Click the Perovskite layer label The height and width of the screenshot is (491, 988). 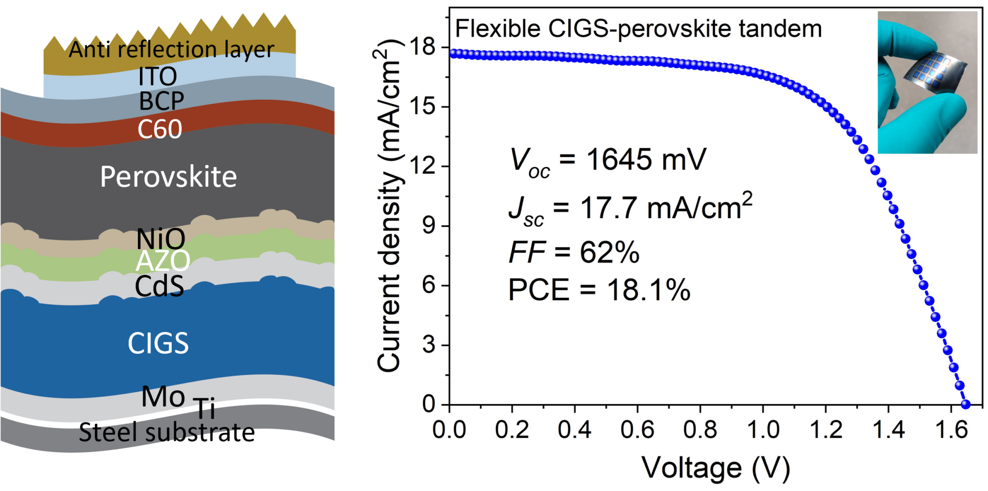[168, 177]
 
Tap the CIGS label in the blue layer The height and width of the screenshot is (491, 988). [158, 343]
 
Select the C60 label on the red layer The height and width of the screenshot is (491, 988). [160, 129]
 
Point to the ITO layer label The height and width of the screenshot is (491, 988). [158, 76]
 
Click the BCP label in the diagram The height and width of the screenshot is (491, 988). [162, 101]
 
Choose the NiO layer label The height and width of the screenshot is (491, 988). [161, 238]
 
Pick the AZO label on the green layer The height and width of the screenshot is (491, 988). [163, 261]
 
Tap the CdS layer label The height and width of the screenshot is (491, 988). [159, 286]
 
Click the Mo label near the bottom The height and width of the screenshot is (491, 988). [163, 397]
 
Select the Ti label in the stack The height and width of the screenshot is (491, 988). [205, 408]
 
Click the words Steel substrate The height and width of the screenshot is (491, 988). [166, 432]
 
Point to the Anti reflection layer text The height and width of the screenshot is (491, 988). [171, 49]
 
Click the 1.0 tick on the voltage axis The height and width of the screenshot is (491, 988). [763, 429]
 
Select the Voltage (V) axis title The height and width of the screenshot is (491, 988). [715, 467]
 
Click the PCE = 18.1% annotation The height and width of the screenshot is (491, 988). [599, 290]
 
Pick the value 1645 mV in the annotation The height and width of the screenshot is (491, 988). [645, 159]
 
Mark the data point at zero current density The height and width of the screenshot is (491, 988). [965, 404]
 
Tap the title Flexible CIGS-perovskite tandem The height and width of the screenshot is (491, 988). [638, 28]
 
